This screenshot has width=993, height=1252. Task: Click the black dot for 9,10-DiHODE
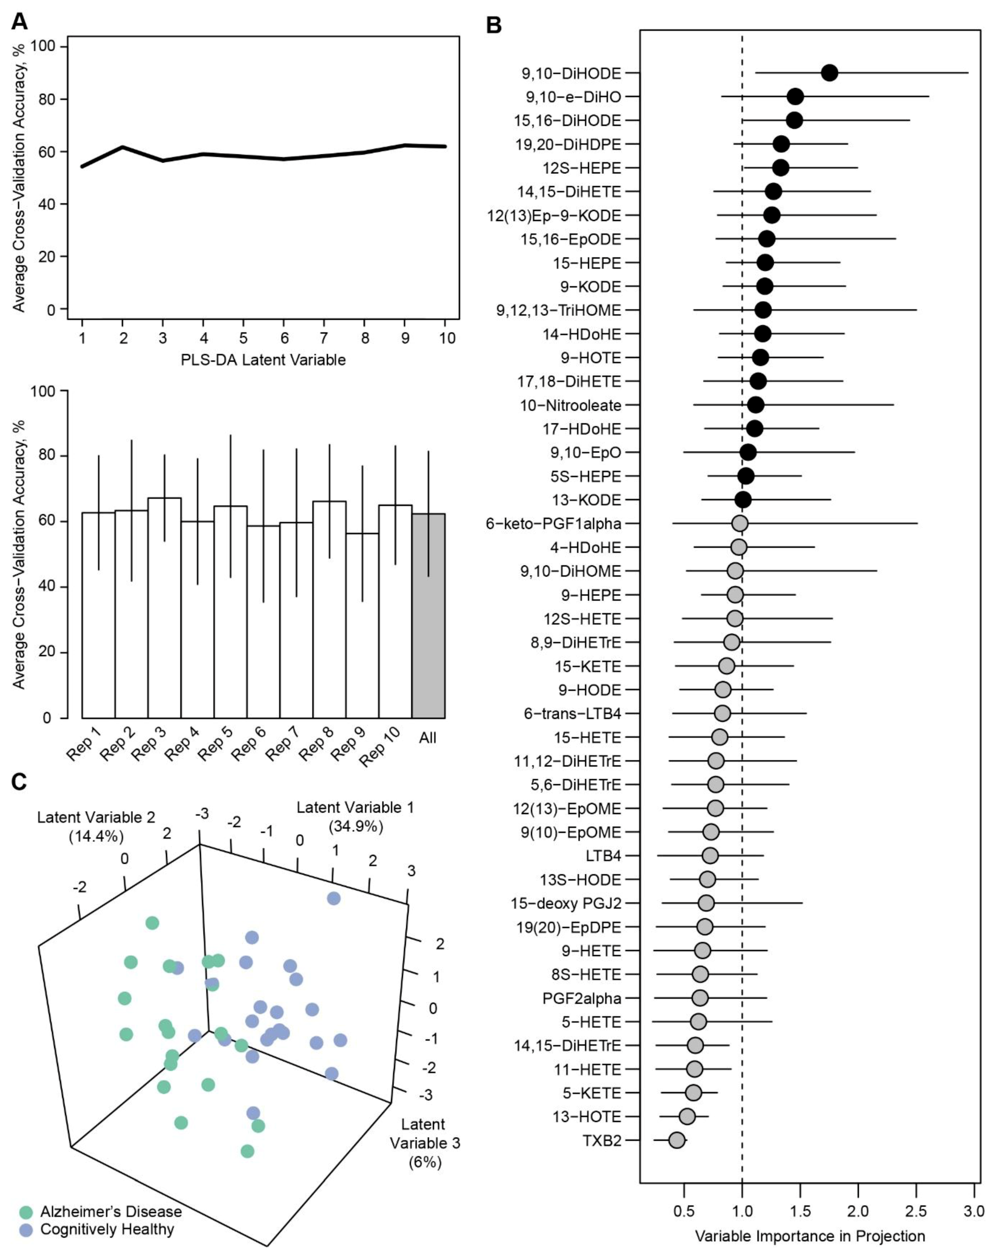[829, 73]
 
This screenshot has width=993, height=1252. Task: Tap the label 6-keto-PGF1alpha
[554, 524]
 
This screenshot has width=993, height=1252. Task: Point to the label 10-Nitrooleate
[570, 406]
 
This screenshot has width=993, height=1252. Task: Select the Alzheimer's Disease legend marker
[26, 1212]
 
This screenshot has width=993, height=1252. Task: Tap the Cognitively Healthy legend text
[107, 1229]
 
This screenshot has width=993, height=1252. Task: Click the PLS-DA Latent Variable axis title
[263, 360]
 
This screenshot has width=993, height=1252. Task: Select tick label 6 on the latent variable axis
[284, 338]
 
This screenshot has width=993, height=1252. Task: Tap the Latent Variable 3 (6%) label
[424, 1143]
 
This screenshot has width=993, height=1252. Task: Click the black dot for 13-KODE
[743, 500]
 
